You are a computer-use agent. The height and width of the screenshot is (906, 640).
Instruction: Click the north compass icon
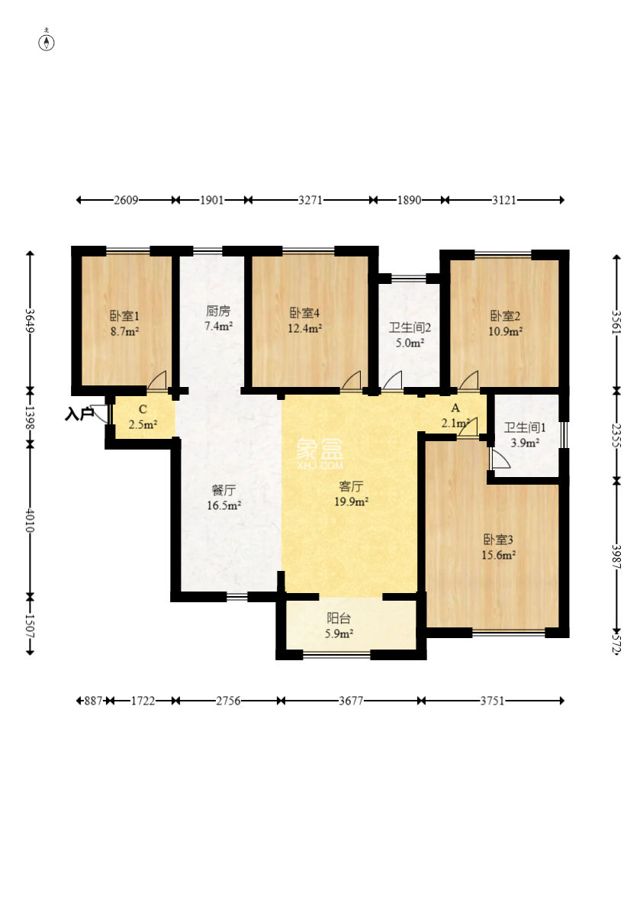click(47, 42)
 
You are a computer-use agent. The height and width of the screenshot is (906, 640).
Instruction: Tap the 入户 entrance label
click(79, 414)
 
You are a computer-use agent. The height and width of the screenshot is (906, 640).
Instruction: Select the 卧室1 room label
click(125, 316)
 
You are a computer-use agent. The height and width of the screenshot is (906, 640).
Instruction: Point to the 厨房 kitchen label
click(217, 311)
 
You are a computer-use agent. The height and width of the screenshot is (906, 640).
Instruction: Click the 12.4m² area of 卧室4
click(305, 329)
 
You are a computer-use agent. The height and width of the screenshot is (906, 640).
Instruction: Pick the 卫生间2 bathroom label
click(410, 327)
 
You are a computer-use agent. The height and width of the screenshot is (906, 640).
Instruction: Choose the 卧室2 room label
click(505, 316)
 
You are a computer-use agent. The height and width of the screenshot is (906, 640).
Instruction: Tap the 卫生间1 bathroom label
click(525, 427)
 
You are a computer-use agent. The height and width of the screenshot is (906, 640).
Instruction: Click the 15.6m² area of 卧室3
click(498, 555)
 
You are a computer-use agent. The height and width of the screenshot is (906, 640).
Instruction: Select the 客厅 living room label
click(351, 486)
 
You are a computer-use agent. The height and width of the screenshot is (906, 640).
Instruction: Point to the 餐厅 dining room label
click(224, 491)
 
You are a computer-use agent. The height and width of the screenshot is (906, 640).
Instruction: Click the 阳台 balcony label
click(339, 618)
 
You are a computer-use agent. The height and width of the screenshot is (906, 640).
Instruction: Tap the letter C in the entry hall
click(143, 409)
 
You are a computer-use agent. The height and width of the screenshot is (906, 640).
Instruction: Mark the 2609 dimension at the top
click(126, 200)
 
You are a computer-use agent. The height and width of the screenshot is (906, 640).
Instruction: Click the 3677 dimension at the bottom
click(351, 701)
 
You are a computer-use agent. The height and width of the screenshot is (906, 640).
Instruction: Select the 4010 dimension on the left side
click(30, 520)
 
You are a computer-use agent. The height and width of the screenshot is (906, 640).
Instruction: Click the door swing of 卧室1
click(156, 379)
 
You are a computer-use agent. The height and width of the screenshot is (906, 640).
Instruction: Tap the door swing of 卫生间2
click(392, 379)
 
